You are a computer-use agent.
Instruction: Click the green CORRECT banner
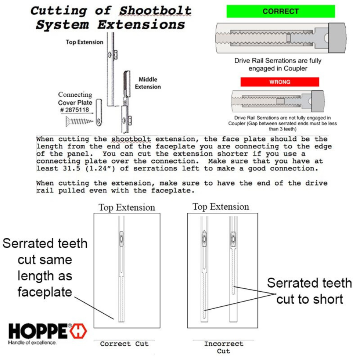click(280, 12)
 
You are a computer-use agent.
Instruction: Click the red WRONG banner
click(280, 82)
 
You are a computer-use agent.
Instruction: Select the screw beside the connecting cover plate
click(79, 121)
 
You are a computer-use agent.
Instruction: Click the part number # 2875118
click(75, 110)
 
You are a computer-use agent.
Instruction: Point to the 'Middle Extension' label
click(148, 83)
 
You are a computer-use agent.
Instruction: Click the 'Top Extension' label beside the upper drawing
click(84, 42)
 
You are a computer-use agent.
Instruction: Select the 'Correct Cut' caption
click(124, 344)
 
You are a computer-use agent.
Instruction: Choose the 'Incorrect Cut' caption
click(223, 347)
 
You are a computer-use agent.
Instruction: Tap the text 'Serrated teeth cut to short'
click(309, 291)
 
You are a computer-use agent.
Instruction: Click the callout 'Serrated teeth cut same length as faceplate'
click(44, 268)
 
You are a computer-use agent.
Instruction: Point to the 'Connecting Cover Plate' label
click(75, 98)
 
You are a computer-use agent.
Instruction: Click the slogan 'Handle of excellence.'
click(32, 343)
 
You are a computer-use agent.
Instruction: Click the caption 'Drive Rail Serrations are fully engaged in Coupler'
click(278, 65)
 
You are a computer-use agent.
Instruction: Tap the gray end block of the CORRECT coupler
click(337, 38)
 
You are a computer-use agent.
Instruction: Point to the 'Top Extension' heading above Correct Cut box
click(126, 208)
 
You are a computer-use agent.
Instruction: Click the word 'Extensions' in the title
click(141, 25)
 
